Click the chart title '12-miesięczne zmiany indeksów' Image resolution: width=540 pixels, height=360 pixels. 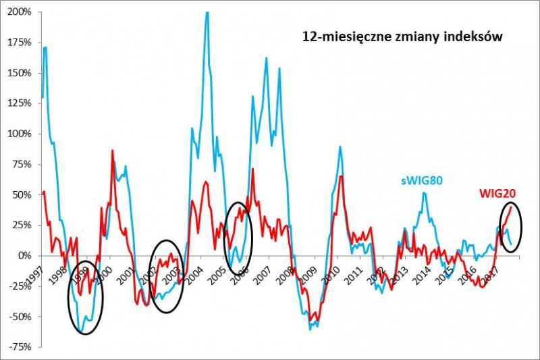point(402,38)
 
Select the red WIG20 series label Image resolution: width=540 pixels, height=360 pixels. point(497,195)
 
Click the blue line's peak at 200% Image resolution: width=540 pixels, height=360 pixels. point(207,12)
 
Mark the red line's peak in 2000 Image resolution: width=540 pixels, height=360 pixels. point(112,151)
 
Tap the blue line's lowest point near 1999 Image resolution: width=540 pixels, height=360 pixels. point(82,332)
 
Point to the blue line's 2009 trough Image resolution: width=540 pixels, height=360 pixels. point(310,329)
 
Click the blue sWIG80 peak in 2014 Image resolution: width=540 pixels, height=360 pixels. point(424,192)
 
